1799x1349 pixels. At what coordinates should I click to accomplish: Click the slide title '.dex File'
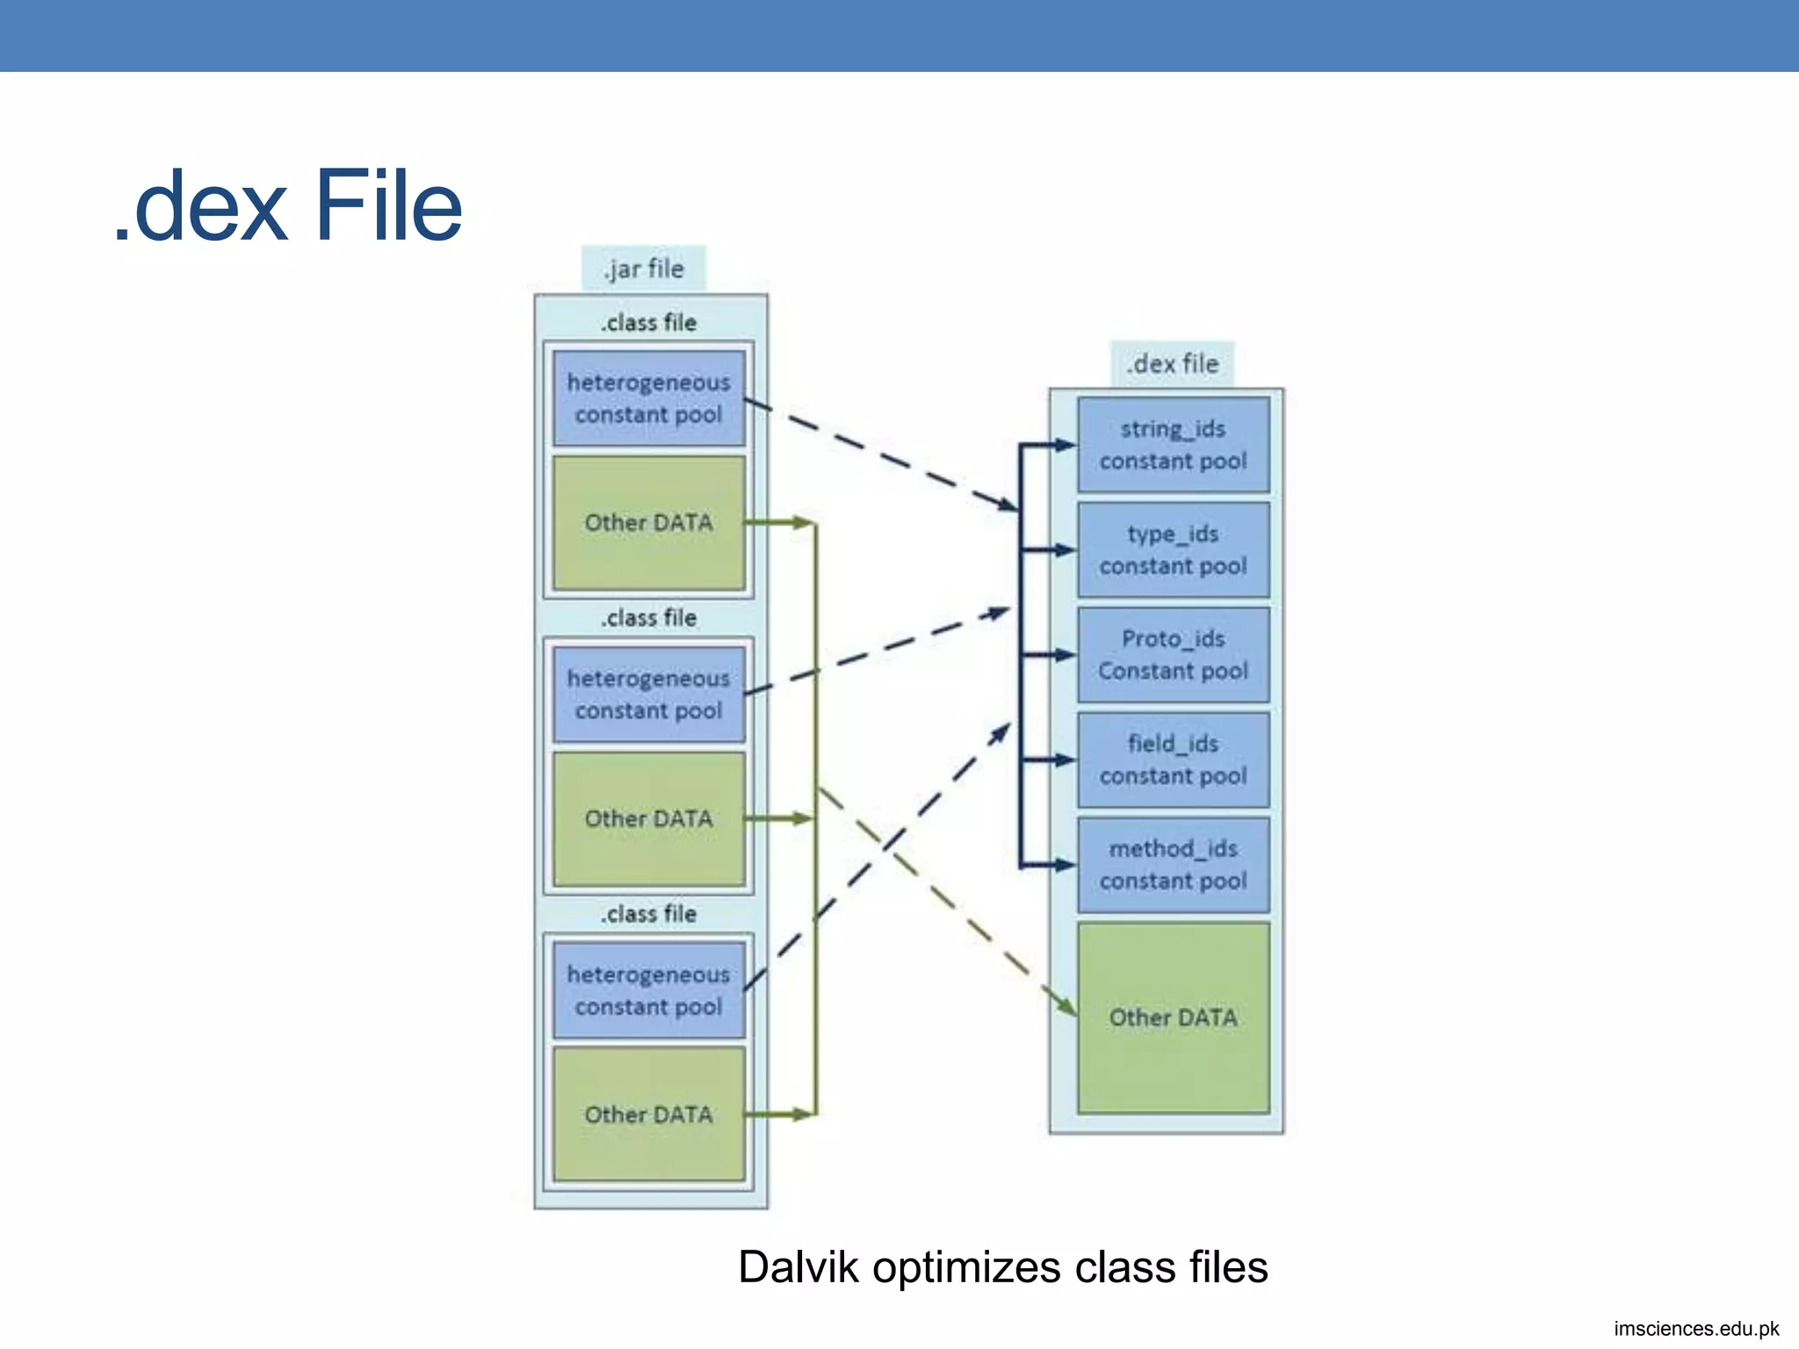tap(288, 207)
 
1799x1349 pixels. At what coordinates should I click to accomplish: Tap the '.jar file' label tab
tap(644, 269)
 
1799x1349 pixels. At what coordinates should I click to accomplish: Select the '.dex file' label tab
tap(1173, 364)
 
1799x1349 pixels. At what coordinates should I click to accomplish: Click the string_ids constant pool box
tap(1173, 444)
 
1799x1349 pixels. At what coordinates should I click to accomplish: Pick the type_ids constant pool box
tap(1173, 550)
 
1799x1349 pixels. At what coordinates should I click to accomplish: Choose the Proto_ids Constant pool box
tap(1173, 655)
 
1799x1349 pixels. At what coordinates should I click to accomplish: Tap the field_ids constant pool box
tap(1173, 760)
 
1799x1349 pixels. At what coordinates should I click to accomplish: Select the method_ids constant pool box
tap(1173, 865)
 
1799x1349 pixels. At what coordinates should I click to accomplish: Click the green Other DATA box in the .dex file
tap(1173, 1018)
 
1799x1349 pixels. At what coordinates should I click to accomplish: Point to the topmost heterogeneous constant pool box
tap(648, 399)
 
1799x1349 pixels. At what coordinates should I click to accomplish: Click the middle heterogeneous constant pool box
tap(648, 695)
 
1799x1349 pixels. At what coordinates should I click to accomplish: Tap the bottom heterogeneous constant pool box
tap(648, 991)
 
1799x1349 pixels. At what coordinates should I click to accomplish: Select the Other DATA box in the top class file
tap(648, 523)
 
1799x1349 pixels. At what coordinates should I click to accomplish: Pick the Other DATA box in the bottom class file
tap(648, 1115)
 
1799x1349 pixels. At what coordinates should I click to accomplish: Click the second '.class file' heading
tap(648, 618)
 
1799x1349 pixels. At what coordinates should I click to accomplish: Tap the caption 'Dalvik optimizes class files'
tap(1002, 1267)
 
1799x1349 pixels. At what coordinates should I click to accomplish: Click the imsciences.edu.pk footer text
tap(1695, 1329)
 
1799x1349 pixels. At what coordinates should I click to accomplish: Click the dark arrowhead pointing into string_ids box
tap(1065, 444)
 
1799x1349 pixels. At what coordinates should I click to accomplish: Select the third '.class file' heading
tap(648, 914)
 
